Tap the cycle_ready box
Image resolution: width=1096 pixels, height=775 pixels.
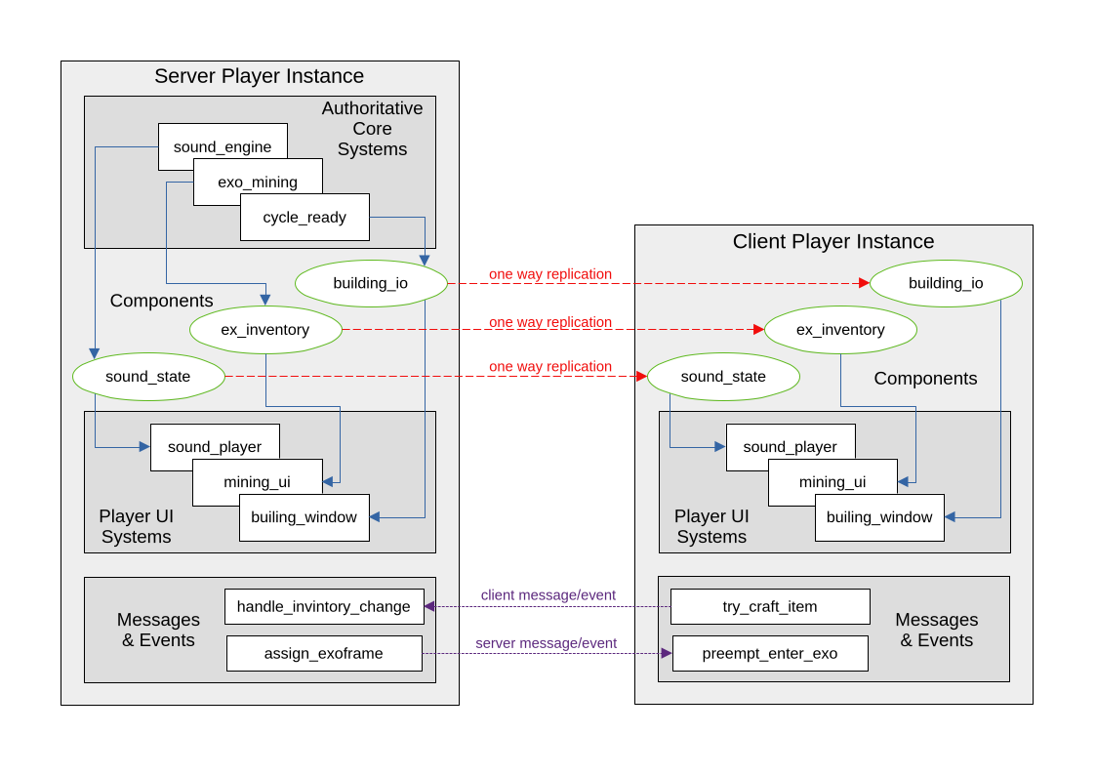[x=304, y=218]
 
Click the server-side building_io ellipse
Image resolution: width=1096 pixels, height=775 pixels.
[x=371, y=283]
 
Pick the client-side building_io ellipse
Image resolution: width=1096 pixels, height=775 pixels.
[x=946, y=283]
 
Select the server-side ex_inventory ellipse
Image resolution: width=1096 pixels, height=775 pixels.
[x=265, y=330]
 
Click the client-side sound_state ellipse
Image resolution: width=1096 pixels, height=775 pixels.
[x=723, y=377]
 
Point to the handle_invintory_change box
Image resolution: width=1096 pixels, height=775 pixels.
[x=324, y=606]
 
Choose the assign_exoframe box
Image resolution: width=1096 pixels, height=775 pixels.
[x=324, y=653]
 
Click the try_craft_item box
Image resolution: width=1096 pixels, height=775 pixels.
[x=770, y=606]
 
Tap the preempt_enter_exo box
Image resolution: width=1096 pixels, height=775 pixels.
[x=770, y=653]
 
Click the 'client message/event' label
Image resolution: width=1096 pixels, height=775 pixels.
[x=548, y=595]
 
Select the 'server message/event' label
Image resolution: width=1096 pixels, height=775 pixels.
[x=547, y=643]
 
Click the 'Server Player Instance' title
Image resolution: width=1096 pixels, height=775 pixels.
[x=260, y=76]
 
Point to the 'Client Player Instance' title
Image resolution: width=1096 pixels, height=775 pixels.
[x=833, y=241]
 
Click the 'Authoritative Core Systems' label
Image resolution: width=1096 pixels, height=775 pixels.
[x=372, y=129]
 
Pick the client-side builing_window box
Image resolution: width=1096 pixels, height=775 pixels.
[x=879, y=517]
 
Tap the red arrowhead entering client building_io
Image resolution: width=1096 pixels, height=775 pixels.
[x=864, y=283]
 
